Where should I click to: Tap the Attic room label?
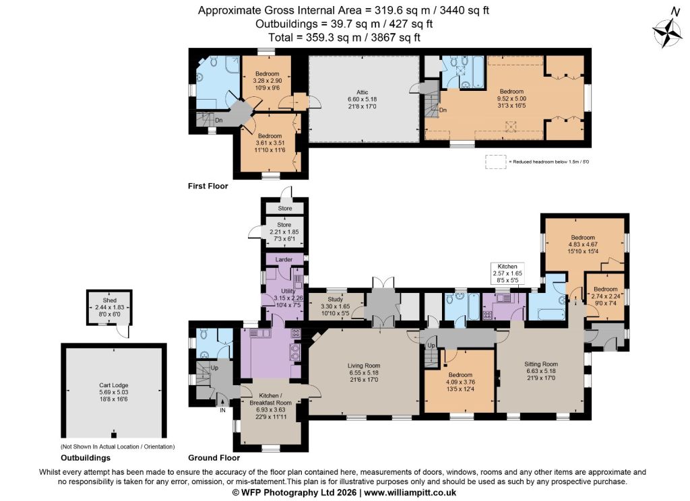(362, 92)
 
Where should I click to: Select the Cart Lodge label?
(113, 385)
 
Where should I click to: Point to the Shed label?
(110, 300)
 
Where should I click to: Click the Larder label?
(284, 259)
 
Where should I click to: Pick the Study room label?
(336, 299)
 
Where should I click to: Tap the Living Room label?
(363, 366)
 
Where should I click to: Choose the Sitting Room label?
(541, 364)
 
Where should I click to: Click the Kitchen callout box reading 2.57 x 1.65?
(507, 273)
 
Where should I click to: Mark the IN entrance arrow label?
(222, 410)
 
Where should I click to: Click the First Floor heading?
(208, 186)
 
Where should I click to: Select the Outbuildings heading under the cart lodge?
(86, 458)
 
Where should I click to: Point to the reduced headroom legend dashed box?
(496, 162)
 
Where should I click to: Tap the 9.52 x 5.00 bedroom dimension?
(511, 98)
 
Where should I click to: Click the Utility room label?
(288, 291)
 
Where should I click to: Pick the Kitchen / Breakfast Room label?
(270, 399)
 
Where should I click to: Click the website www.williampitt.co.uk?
(410, 493)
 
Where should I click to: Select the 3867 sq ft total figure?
(396, 38)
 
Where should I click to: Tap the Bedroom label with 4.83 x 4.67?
(583, 237)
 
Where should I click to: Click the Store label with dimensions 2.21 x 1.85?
(284, 225)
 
